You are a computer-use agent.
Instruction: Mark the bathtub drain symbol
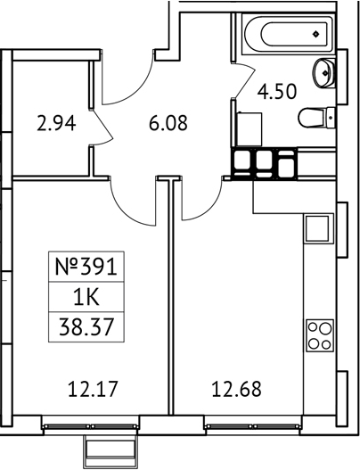[x=316, y=36]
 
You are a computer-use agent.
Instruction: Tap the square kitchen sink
[x=318, y=229]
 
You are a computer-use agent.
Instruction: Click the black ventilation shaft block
[x=265, y=164]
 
